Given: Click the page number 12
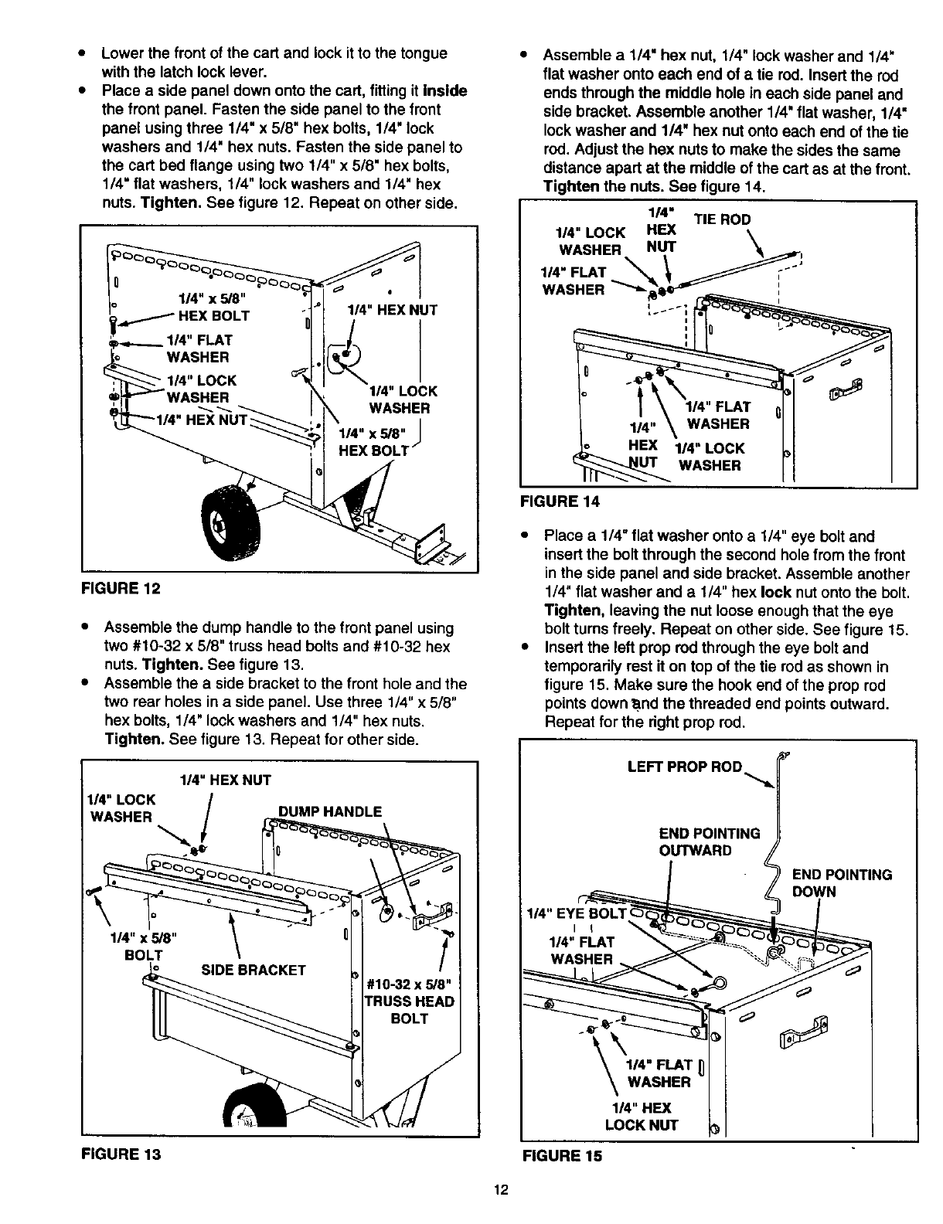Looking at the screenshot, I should pyautogui.click(x=500, y=1190).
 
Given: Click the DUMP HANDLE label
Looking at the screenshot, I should pyautogui.click(x=330, y=811).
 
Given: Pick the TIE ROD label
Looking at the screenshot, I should pyautogui.click(x=722, y=219).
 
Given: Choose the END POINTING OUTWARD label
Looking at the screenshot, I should pyautogui.click(x=709, y=841).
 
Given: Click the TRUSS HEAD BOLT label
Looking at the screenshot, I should pyautogui.click(x=409, y=1001).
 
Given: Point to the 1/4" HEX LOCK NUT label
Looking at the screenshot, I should pyautogui.click(x=641, y=1116).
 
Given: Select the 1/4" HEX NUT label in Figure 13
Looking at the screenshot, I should pyautogui.click(x=225, y=780).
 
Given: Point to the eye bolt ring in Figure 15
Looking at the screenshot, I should pyautogui.click(x=719, y=984).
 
